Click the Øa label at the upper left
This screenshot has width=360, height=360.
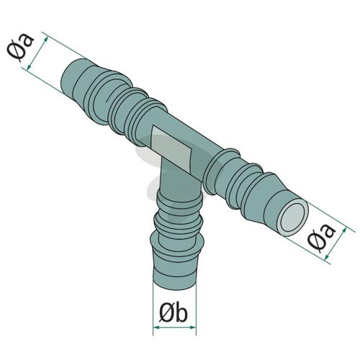(20, 48)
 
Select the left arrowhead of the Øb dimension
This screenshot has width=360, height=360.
(156, 327)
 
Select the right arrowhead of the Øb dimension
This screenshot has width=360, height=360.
(193, 327)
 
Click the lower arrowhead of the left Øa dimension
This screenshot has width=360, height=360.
(29, 67)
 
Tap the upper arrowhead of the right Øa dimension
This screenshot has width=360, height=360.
(344, 230)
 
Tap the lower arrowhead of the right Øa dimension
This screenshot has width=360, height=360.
(327, 258)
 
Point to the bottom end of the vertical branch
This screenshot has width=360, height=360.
(175, 287)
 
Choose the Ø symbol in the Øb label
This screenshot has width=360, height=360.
(166, 315)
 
